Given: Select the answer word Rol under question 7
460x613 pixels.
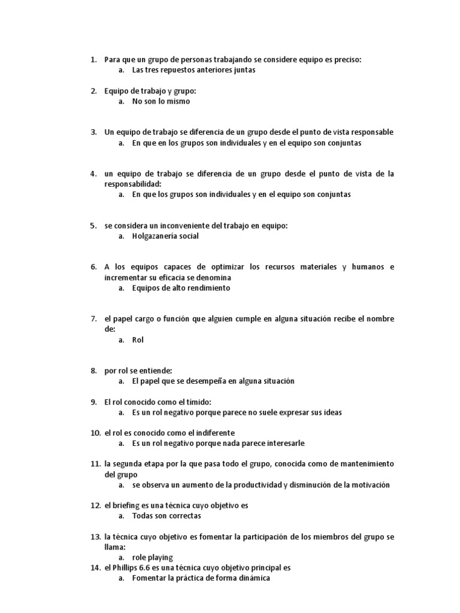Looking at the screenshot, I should pos(138,340).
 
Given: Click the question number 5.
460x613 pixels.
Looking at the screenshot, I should pos(93,226).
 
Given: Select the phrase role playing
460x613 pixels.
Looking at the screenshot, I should pos(152,557).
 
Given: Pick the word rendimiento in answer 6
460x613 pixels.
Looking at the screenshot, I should pos(207,288).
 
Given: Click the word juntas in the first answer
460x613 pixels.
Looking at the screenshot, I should pos(244,70).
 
